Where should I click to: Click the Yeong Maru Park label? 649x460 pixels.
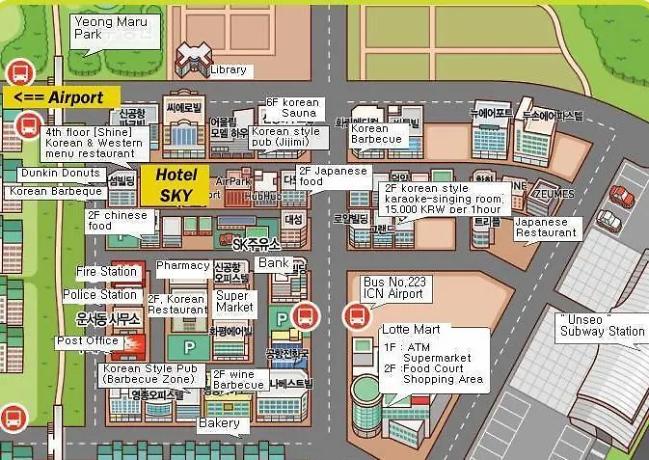tap(101, 26)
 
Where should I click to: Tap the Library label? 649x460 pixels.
tap(228, 70)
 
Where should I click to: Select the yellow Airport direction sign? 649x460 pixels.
tap(62, 97)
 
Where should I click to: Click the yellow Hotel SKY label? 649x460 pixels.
tap(176, 185)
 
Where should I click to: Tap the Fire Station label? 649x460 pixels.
tap(106, 272)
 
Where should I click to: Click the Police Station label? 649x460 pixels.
tap(99, 294)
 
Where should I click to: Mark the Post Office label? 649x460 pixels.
tap(87, 340)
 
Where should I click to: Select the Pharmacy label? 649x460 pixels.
tap(182, 265)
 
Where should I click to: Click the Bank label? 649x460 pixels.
tap(274, 262)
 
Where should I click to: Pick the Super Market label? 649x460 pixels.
tap(233, 302)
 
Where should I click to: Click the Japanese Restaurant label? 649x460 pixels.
tap(547, 227)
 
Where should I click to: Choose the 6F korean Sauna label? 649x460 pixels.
tap(293, 107)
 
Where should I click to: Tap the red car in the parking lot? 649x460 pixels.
tap(622, 196)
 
